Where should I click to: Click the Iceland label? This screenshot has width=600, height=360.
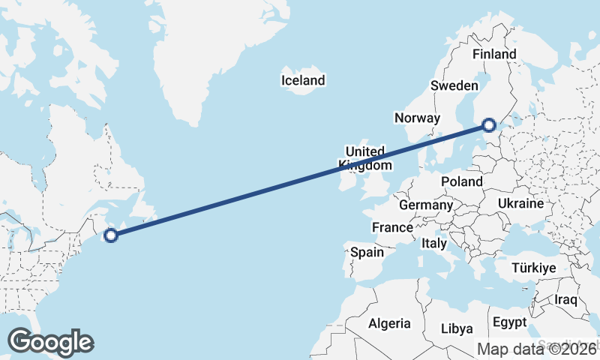click(x=303, y=80)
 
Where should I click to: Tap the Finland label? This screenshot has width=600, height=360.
click(x=494, y=54)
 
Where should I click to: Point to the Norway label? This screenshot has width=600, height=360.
click(x=417, y=118)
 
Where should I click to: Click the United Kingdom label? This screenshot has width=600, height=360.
click(x=365, y=158)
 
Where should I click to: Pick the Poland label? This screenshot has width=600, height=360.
click(x=462, y=181)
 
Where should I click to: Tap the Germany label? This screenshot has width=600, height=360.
click(x=425, y=205)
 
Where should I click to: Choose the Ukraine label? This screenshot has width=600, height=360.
click(x=520, y=203)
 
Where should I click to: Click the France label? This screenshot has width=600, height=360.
click(x=392, y=227)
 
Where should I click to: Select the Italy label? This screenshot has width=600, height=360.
click(x=434, y=243)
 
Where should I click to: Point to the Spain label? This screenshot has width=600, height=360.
click(x=367, y=252)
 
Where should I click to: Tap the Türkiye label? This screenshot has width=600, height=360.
click(x=533, y=268)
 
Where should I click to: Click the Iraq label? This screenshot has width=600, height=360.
click(x=565, y=300)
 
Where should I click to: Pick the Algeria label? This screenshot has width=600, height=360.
click(x=389, y=323)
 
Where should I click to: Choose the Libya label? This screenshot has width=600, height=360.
click(x=457, y=328)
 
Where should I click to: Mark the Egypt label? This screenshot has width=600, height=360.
click(x=510, y=323)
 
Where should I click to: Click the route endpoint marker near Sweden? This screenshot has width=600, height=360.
click(x=489, y=126)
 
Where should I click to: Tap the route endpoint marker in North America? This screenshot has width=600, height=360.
click(x=111, y=235)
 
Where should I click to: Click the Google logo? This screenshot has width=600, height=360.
click(x=50, y=342)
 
